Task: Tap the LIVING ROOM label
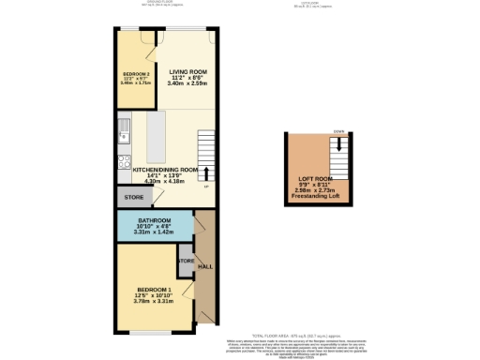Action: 188,71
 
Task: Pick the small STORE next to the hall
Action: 186,261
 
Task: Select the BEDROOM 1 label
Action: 154,290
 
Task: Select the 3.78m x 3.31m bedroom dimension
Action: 154,302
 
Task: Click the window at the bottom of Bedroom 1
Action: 149,333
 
